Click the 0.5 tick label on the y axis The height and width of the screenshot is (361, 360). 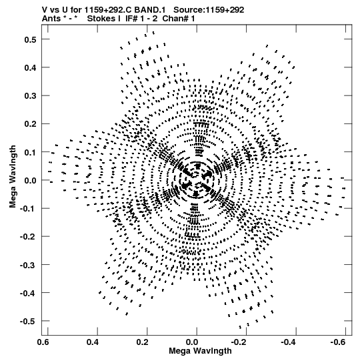coord(30,39)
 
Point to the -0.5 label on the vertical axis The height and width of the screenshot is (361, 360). coord(28,321)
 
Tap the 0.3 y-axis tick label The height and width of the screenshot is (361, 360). coord(30,96)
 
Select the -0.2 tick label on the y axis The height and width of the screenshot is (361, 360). coord(28,237)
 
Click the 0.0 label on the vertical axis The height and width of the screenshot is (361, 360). coord(30,180)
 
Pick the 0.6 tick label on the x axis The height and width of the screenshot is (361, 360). coord(43,342)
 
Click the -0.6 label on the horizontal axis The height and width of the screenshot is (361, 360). coord(338,342)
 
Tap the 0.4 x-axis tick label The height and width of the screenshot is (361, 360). coord(93,342)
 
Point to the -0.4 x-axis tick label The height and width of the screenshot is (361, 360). coord(289,342)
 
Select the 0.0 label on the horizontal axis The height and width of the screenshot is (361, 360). coord(192,342)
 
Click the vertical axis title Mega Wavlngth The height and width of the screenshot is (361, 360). coord(13,177)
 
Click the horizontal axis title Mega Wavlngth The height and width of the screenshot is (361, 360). coord(200,351)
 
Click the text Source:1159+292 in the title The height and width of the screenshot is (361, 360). coord(209,10)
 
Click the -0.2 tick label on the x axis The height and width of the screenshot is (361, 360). coord(239,342)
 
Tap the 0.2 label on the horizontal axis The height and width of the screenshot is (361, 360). coord(142,342)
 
